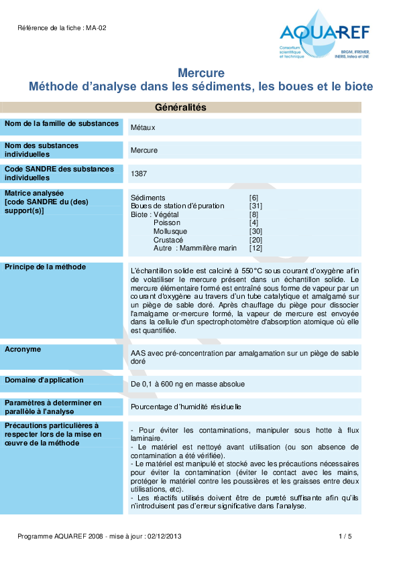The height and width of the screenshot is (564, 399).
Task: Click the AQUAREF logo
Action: (325, 36)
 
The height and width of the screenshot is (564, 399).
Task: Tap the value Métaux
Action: (144, 127)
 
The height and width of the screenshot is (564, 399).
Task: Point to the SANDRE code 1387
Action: (139, 173)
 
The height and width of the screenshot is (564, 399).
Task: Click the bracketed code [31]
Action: (255, 206)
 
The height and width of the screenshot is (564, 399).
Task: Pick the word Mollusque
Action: (170, 231)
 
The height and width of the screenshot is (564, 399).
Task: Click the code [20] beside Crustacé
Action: (255, 240)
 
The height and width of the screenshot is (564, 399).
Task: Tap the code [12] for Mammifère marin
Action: (255, 248)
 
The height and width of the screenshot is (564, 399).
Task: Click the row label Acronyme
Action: (23, 349)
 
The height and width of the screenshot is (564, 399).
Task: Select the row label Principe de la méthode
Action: (45, 267)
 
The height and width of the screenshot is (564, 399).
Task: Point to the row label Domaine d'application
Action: (44, 380)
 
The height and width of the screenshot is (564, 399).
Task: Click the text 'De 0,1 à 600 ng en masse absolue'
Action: (188, 384)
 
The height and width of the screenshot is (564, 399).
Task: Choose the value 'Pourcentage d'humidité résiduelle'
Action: (186, 407)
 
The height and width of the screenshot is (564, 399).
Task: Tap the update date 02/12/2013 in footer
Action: (164, 537)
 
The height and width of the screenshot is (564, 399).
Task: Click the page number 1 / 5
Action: (345, 537)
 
